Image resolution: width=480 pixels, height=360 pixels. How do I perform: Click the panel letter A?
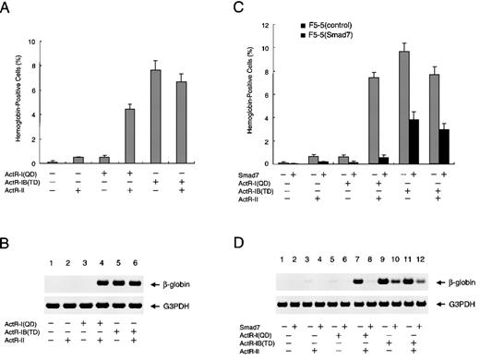(x=6, y=7)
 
